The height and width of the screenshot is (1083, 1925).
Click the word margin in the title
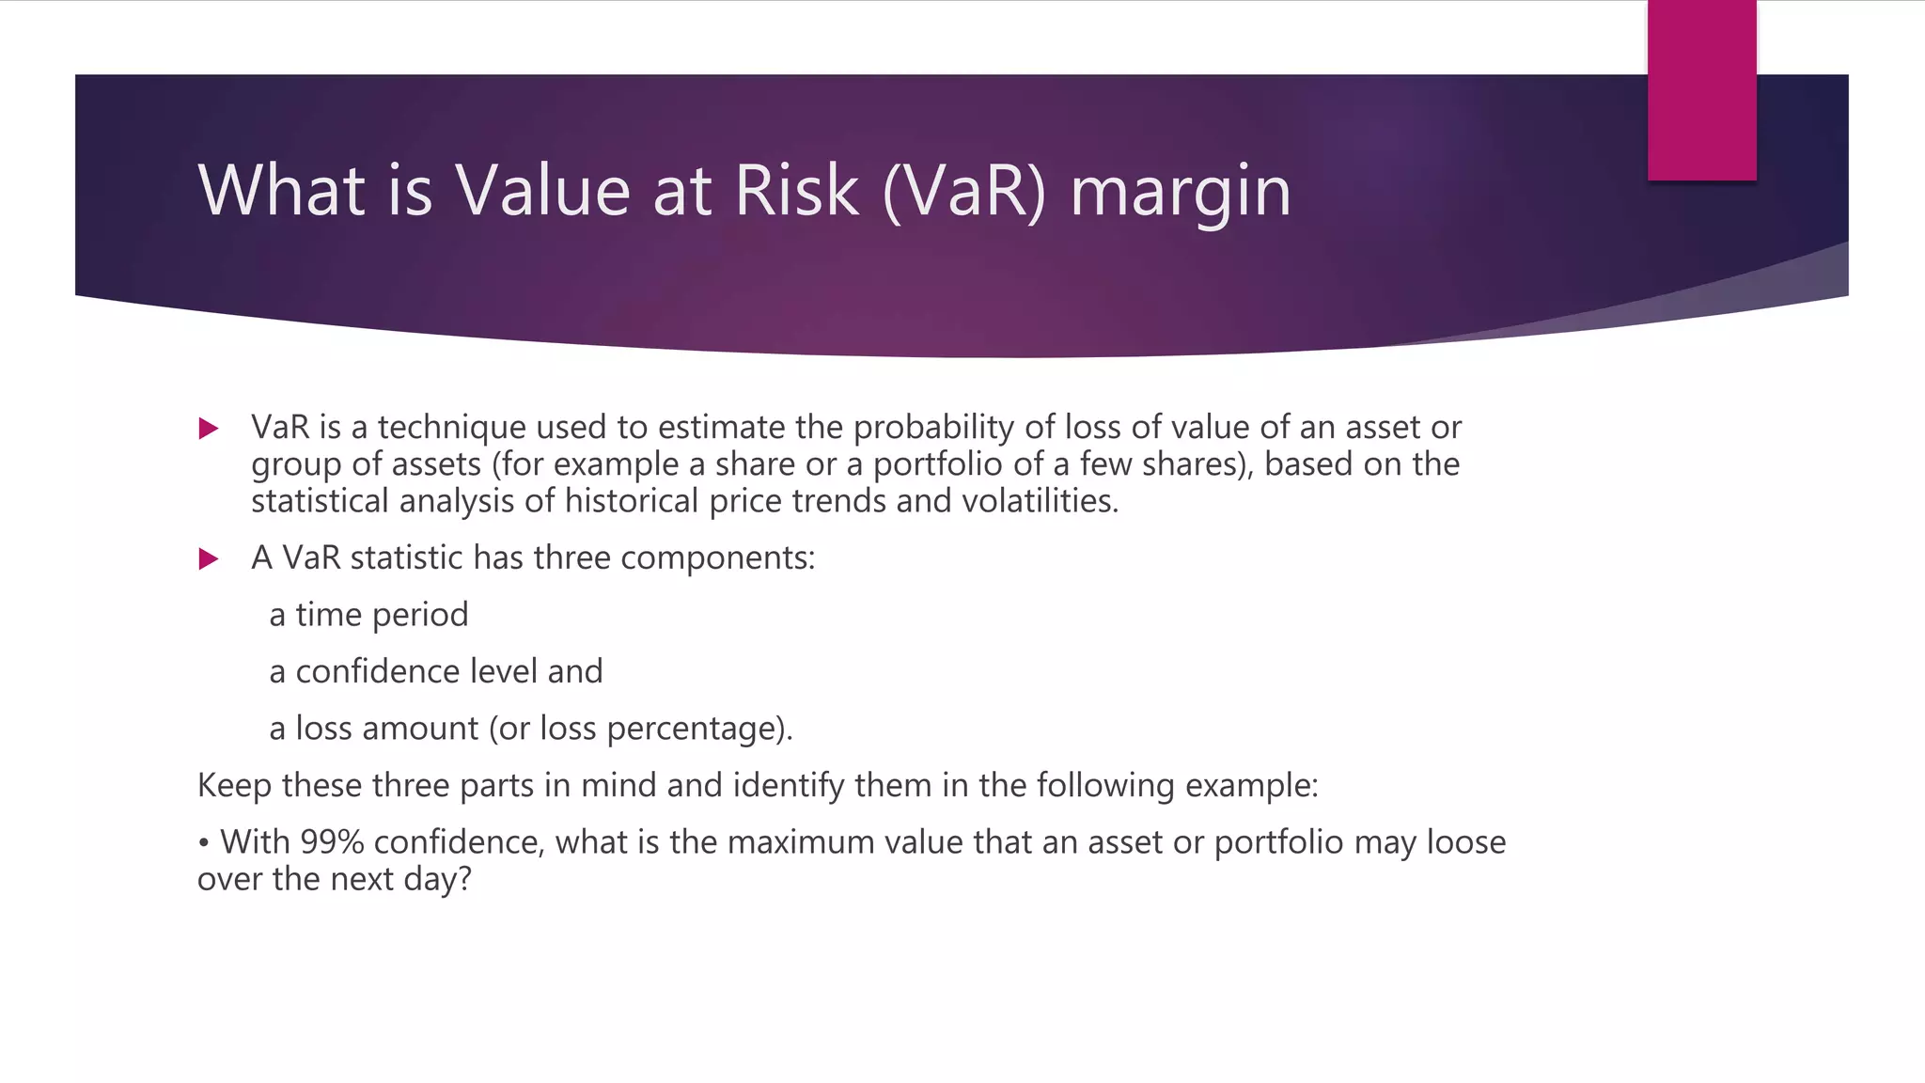tap(1181, 192)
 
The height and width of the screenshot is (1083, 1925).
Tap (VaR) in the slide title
tap(964, 192)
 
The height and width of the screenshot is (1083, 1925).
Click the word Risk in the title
tap(796, 192)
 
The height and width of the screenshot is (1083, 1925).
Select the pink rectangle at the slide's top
tap(1701, 90)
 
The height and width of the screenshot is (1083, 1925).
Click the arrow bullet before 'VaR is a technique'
tap(209, 430)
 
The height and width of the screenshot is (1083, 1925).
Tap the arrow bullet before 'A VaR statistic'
tap(209, 560)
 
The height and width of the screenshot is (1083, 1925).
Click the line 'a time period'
tap(368, 615)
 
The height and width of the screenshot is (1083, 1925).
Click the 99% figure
tap(332, 842)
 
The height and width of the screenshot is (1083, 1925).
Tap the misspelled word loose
tap(1466, 842)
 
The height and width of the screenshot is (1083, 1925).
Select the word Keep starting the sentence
tap(235, 786)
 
